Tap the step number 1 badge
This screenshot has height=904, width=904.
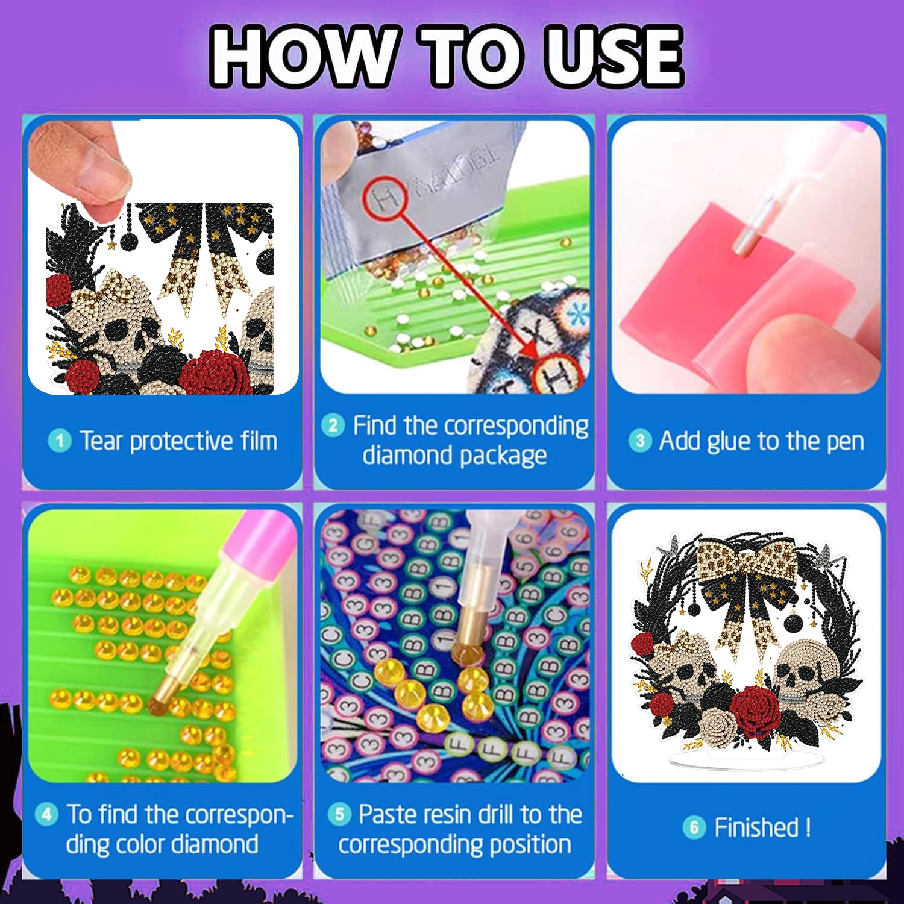[x=59, y=441]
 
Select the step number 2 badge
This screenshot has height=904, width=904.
[x=333, y=425]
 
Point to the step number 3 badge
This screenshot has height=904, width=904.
[x=639, y=441]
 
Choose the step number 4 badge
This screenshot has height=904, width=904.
[x=46, y=814]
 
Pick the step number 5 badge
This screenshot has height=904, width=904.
[x=339, y=814]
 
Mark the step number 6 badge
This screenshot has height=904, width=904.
[x=694, y=827]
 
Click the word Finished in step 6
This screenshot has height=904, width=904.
[x=756, y=827]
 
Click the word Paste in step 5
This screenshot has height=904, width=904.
[x=386, y=814]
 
